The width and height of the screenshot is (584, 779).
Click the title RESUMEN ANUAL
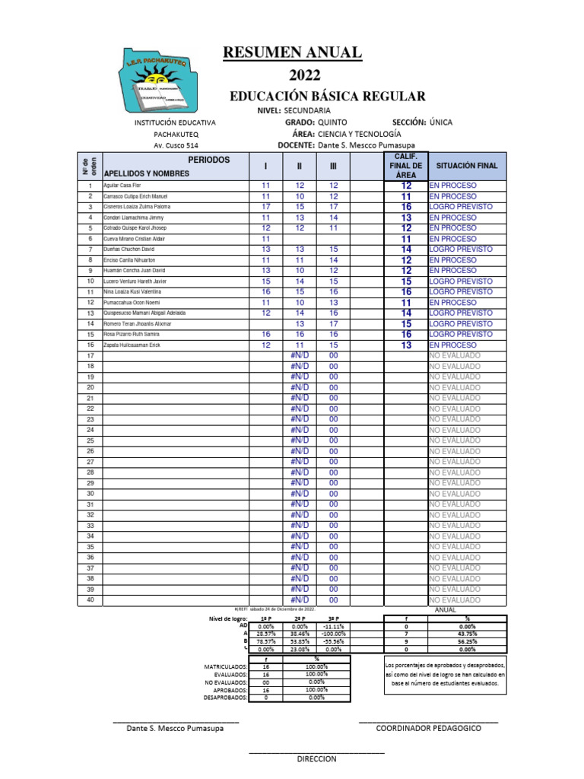tap(292, 52)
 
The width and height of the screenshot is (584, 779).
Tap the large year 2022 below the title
tap(304, 75)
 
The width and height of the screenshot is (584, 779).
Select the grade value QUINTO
tap(332, 122)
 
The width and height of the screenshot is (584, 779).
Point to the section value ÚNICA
tap(445, 122)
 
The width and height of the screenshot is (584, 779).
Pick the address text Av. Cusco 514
tap(176, 145)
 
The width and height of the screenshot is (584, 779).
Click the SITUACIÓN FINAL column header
tap(465, 165)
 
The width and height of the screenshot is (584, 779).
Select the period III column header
tap(333, 166)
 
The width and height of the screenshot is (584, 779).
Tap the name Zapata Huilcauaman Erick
tap(132, 345)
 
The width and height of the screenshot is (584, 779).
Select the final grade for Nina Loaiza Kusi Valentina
tap(406, 292)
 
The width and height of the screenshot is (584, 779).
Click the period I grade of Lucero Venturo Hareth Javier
tap(266, 281)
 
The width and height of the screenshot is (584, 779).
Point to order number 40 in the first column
tap(90, 600)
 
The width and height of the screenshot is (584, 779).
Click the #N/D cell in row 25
tap(300, 440)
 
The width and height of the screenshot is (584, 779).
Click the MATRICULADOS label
tap(227, 666)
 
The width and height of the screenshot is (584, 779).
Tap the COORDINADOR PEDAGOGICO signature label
tap(429, 728)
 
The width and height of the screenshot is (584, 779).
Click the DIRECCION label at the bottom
tap(316, 759)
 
